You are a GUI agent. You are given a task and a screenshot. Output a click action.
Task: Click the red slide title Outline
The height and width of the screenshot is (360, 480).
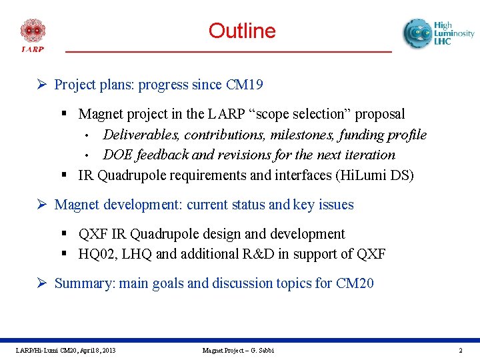coord(242,31)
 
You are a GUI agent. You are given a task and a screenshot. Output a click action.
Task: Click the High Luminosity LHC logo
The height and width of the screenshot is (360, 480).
coord(439,33)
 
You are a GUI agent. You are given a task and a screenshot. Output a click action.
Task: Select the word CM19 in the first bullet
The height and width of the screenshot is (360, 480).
coord(244,85)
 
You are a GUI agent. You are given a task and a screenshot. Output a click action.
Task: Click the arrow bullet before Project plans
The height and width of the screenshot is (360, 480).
coord(41,84)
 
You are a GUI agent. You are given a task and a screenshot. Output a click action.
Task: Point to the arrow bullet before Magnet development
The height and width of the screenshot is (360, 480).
coord(41,204)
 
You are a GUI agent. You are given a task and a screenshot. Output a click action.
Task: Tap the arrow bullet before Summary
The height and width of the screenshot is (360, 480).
coord(41,283)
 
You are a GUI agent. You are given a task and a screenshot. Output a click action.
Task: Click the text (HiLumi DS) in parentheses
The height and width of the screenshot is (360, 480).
coord(375,175)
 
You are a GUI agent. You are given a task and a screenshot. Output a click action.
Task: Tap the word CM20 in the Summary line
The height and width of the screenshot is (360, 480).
coord(355,283)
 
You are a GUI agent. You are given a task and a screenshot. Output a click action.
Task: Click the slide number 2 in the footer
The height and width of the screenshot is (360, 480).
coord(461,350)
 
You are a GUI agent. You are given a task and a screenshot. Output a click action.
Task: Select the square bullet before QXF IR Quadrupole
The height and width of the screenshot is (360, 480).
coord(64,233)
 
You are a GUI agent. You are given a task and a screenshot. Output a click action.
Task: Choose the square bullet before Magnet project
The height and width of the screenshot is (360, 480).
coord(64,113)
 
